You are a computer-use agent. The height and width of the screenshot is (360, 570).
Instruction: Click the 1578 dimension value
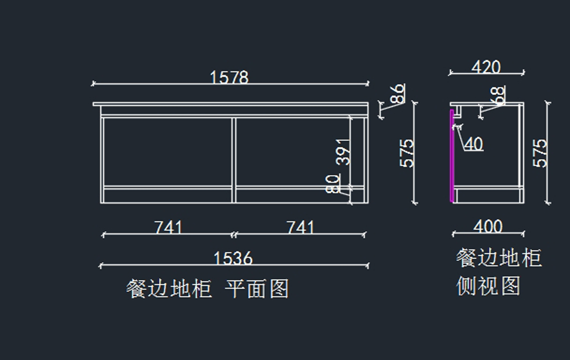[229, 77]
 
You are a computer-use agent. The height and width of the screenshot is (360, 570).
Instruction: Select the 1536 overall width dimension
[233, 259]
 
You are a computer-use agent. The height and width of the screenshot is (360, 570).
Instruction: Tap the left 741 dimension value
[168, 227]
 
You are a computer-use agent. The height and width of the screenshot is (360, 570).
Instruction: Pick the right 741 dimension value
[300, 227]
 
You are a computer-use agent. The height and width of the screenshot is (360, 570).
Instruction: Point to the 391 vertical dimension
[343, 152]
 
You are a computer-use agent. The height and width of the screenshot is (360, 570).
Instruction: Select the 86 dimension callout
[398, 94]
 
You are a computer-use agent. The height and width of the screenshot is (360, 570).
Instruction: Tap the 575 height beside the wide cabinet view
[408, 153]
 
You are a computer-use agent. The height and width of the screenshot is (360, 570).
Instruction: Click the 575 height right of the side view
[541, 153]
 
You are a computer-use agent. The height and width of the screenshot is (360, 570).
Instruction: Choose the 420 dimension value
[486, 67]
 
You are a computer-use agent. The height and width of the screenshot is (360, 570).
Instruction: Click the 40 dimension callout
[473, 144]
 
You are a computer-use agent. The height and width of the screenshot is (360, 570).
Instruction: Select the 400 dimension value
[488, 227]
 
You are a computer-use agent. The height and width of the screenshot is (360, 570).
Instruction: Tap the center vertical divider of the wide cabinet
[234, 159]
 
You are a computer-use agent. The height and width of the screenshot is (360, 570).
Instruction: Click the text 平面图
[257, 288]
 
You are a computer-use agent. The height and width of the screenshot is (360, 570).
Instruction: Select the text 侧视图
[488, 286]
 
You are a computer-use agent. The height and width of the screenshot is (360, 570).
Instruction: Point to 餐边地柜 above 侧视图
[499, 258]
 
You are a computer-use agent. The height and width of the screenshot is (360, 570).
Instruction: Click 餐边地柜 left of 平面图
[169, 288]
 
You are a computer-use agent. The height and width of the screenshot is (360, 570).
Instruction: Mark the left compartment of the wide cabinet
[167, 151]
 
